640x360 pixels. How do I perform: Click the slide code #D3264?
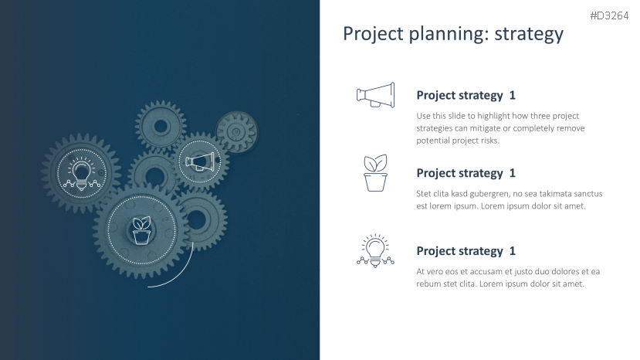pos(609,15)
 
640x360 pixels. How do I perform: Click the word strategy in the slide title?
pos(529,34)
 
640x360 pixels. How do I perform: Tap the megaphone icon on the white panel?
pos(375,95)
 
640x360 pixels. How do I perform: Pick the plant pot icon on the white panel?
pos(375,173)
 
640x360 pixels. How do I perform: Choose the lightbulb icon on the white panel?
pos(375,251)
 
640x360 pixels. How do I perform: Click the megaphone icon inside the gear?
pos(200,161)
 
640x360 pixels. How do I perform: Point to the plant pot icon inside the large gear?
pos(141,230)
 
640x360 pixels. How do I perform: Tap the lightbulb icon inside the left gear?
pos(82,174)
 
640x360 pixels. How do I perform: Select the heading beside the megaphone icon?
pos(466,95)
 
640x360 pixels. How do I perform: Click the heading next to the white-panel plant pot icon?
pos(466,173)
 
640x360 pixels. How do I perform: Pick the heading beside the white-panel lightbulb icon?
pos(466,251)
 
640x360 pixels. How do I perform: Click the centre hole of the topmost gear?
pos(161,126)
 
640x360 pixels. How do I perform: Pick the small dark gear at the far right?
pos(237,132)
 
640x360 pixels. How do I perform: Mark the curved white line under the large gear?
pos(181,276)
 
